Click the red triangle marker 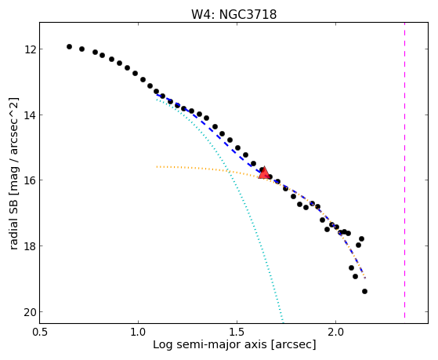[264, 173]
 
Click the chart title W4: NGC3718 [233, 14]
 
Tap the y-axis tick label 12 [30, 49]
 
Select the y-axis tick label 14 [30, 115]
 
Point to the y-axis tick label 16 [30, 180]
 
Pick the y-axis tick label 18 [30, 246]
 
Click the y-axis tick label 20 [30, 312]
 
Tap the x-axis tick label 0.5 [39, 332]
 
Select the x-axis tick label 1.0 [138, 332]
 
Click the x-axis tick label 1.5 [237, 332]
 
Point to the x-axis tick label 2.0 [336, 332]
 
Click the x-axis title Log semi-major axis [210, 344]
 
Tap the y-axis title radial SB [13, 223]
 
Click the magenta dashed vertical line [404, 170]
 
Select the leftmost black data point [69, 47]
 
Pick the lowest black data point [364, 292]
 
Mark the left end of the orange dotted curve [157, 167]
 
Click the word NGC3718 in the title [248, 14]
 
